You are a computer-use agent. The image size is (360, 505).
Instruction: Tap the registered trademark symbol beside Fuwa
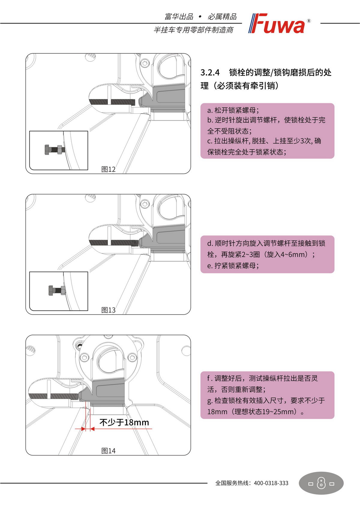[309, 21]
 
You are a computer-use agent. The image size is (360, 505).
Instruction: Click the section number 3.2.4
[210, 73]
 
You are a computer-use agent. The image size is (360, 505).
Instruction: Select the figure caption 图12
[108, 169]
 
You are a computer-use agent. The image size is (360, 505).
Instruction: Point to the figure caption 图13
[108, 310]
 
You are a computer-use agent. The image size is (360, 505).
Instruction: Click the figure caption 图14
[108, 451]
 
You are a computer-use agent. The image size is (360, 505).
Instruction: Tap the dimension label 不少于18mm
[124, 423]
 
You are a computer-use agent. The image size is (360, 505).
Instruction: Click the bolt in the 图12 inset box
[54, 149]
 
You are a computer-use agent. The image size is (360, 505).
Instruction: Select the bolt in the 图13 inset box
[57, 290]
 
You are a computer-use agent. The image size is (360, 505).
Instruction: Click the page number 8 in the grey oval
[321, 483]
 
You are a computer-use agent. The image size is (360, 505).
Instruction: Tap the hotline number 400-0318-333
[271, 483]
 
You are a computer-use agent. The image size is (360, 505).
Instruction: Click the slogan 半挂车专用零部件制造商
[193, 30]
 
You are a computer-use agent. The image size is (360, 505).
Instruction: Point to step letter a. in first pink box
[210, 110]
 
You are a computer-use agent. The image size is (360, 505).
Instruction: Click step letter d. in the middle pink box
[210, 243]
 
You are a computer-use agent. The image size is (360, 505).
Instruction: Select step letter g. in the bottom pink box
[210, 401]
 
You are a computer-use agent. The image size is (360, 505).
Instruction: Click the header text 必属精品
[222, 17]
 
